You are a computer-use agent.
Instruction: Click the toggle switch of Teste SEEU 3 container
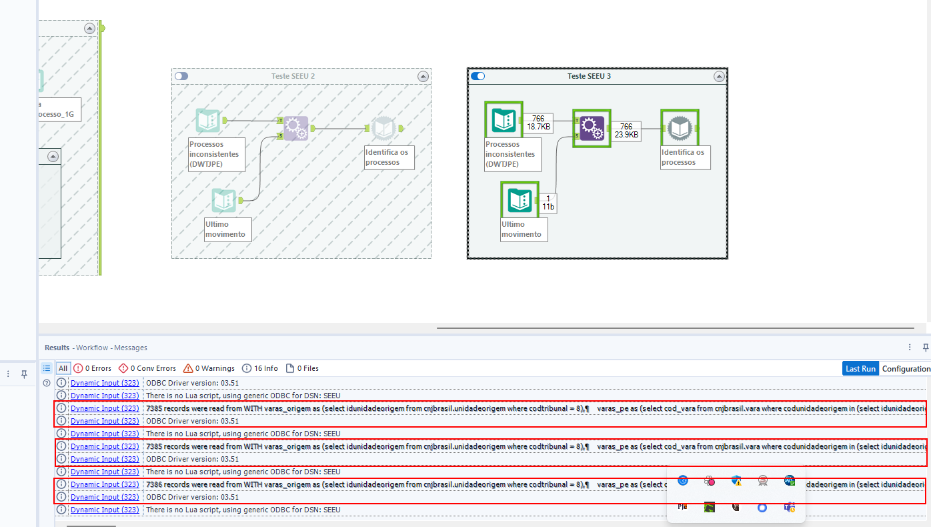[478, 76]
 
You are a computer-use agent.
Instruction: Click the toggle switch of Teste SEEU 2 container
[181, 76]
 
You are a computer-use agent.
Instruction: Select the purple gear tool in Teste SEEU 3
[591, 128]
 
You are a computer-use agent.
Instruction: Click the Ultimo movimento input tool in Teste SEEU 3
[519, 199]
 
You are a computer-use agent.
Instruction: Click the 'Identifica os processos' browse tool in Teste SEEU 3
[679, 128]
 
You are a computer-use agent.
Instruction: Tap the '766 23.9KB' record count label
[626, 131]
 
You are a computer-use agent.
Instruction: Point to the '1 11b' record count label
[548, 203]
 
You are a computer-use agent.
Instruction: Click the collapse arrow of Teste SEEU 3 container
[718, 77]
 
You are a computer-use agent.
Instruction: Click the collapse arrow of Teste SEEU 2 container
[422, 77]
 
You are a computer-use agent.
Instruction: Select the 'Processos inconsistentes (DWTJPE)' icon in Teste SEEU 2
[208, 121]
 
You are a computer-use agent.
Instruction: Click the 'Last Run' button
[860, 368]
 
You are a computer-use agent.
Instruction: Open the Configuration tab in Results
[906, 368]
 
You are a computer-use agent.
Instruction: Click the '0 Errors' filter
[93, 368]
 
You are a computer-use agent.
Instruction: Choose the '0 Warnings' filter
[209, 368]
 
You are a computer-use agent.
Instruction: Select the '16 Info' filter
[260, 368]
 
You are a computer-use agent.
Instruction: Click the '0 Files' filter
[302, 368]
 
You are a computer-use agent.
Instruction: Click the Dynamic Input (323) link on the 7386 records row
[105, 484]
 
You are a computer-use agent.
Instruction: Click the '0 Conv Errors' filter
[147, 368]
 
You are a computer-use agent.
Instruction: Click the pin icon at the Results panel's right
[925, 347]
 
